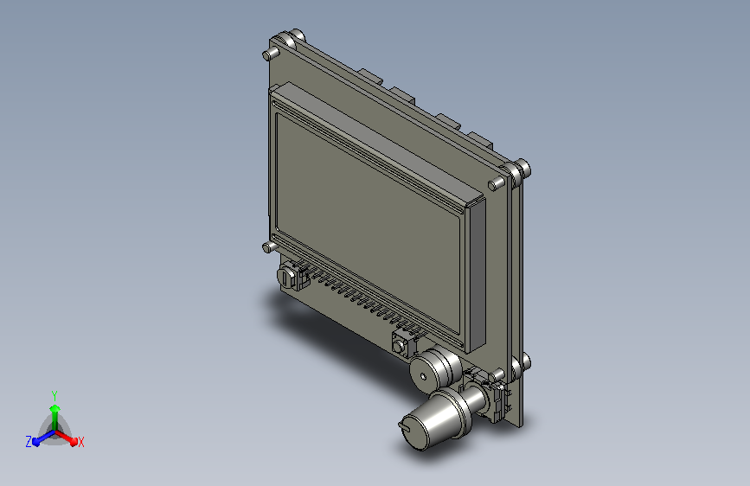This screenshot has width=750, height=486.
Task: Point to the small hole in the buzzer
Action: coord(423,377)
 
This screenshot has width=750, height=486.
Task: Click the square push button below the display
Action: coord(401,344)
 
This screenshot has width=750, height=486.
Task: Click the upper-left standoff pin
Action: coord(269,54)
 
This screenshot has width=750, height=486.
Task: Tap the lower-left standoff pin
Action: coord(268,247)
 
